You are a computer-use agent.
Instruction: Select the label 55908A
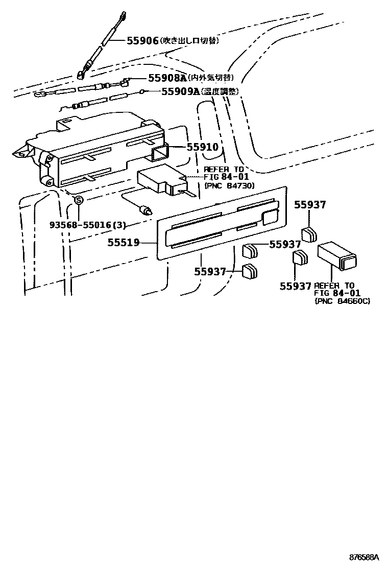(167, 78)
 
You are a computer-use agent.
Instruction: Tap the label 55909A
(180, 91)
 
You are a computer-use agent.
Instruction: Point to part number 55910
(202, 147)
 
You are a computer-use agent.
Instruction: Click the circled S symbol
(79, 200)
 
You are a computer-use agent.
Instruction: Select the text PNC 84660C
(343, 301)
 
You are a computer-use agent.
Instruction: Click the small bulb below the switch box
(145, 209)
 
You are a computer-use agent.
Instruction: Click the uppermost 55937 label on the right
(310, 205)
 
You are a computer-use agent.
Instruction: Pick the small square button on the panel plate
(269, 217)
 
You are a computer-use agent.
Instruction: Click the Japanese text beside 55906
(189, 40)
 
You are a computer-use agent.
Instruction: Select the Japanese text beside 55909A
(220, 91)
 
